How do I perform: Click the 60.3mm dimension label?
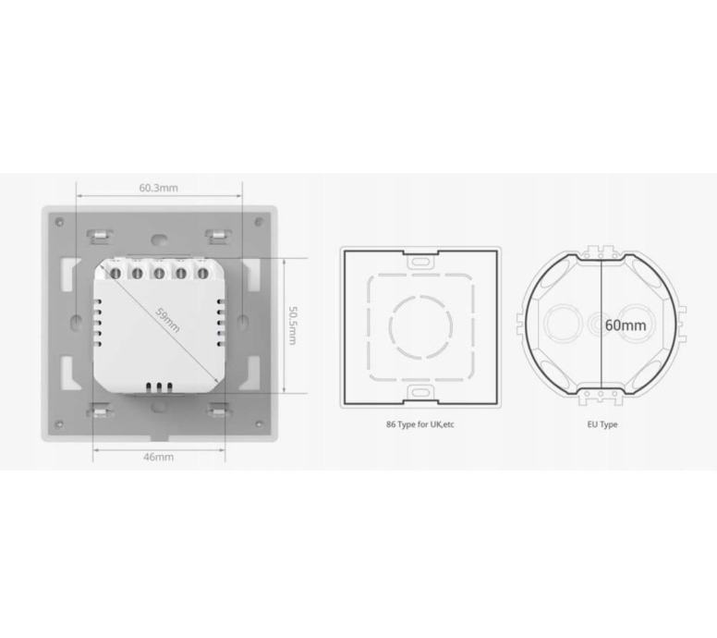point(159,188)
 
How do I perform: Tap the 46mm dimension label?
point(159,457)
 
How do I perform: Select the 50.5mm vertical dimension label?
point(293,325)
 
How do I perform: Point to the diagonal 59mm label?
point(168,320)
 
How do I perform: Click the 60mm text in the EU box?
point(626,325)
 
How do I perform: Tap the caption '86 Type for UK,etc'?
point(420,424)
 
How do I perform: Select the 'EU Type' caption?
point(602,424)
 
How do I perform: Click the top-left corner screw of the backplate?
point(59,223)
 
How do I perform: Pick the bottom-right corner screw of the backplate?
point(259,424)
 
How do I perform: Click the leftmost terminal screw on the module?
point(115,274)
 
